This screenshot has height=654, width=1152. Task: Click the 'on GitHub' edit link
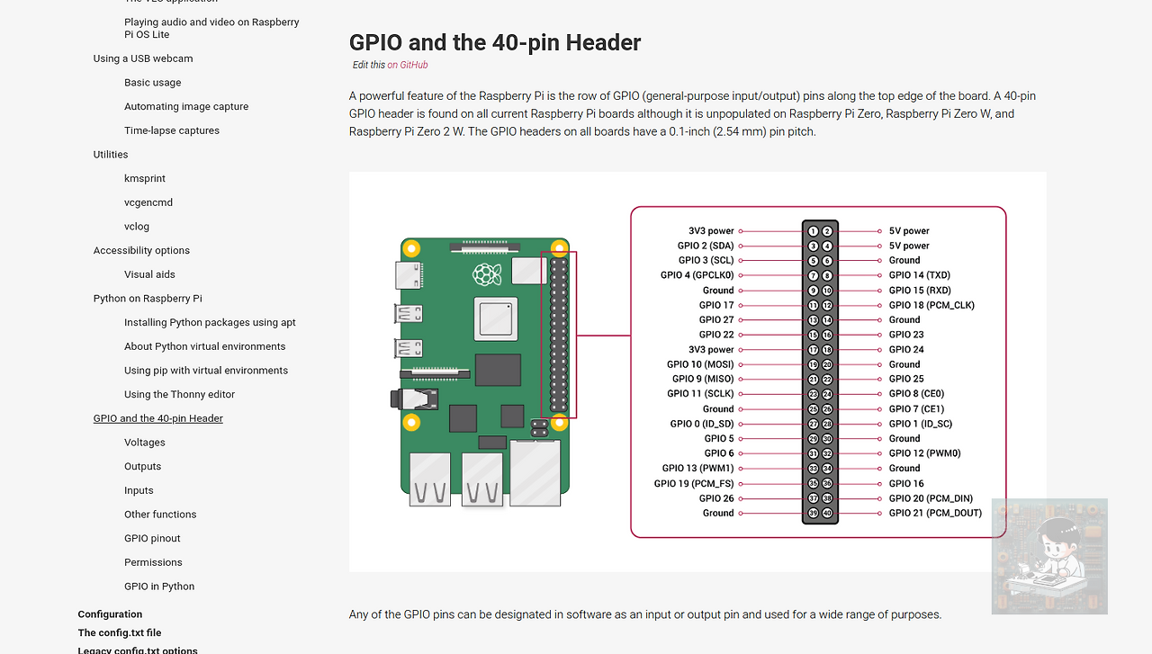pos(408,65)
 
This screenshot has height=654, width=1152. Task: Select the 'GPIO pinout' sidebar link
pos(152,538)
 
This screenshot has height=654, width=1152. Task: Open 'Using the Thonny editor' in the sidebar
pos(179,394)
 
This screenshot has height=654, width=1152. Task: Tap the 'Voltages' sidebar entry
pos(144,443)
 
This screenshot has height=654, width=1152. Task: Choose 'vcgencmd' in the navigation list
pos(148,202)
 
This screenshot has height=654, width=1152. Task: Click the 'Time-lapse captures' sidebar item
pos(172,130)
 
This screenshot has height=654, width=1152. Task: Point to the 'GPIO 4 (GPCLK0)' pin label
pos(697,275)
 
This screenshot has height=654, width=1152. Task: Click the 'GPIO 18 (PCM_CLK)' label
pos(931,305)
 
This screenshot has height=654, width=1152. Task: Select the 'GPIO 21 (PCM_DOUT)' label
pos(935,513)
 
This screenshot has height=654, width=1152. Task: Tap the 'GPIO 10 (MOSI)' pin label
pos(700,364)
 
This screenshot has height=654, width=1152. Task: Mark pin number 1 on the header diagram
pos(813,231)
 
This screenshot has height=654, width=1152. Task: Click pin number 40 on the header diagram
pos(828,514)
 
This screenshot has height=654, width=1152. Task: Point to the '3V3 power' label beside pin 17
pos(711,350)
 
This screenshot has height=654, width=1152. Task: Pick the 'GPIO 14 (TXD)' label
pos(919,275)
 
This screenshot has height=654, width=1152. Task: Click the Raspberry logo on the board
pos(487,274)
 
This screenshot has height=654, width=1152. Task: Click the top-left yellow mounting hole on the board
pos(411,248)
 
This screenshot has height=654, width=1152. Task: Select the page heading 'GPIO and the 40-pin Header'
pos(495,42)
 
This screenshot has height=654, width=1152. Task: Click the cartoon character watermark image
pos(1049,557)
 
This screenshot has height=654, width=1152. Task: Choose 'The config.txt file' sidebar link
pos(120,632)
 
